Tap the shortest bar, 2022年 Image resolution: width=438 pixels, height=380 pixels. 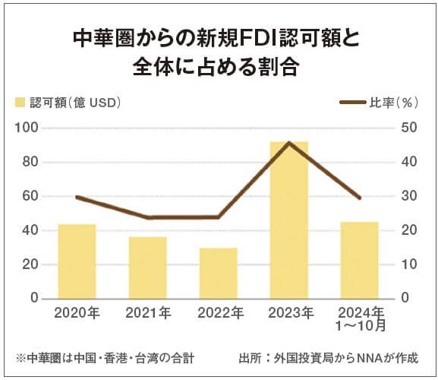(x=219, y=273)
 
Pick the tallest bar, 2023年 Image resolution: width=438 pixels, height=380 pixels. (x=289, y=220)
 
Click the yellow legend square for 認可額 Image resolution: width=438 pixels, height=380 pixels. (x=20, y=102)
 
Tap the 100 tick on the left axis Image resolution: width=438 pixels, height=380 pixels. (x=27, y=127)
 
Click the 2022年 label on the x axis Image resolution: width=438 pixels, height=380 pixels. (x=219, y=312)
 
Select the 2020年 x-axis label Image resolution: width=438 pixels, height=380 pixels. (x=77, y=312)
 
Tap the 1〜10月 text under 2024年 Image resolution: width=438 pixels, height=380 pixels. (x=360, y=327)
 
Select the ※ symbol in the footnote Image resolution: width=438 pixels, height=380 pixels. (x=19, y=357)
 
